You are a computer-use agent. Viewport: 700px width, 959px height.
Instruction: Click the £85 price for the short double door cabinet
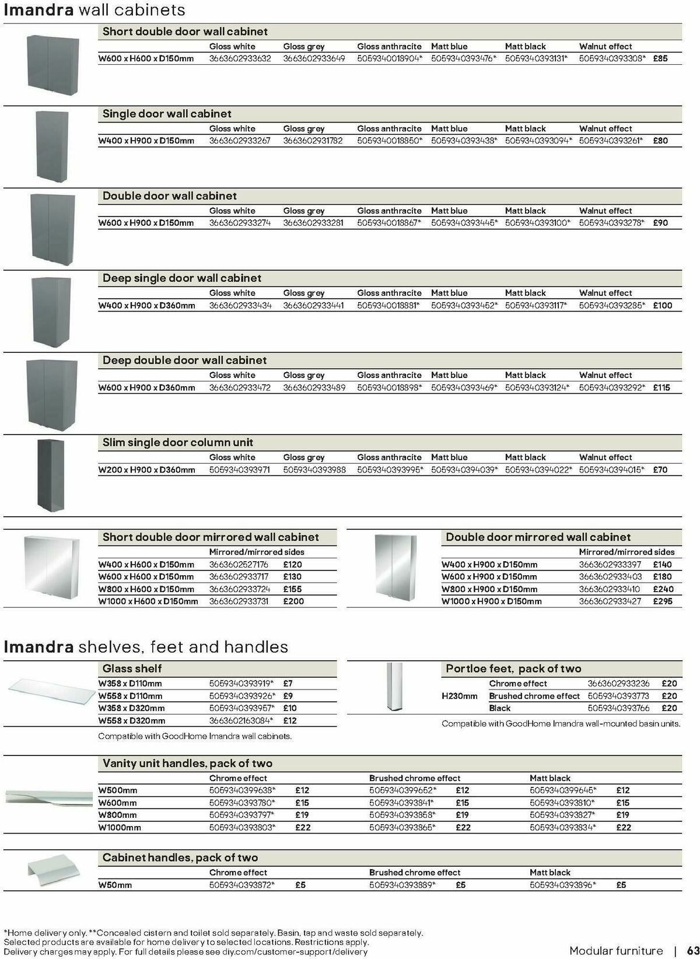[660, 58]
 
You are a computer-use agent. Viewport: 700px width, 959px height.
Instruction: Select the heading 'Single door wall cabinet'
[167, 114]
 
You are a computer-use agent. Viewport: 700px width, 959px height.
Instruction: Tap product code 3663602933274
[240, 223]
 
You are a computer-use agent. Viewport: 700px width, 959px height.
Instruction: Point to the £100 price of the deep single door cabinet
[662, 305]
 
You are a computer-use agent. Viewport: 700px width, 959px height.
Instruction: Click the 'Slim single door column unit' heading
[178, 443]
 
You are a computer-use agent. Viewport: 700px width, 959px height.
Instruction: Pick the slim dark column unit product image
[51, 475]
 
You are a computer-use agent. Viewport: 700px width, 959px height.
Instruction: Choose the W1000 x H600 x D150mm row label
[148, 601]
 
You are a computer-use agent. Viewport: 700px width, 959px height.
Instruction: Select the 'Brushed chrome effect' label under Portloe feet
[534, 696]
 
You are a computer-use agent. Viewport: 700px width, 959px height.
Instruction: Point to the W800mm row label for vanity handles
[118, 815]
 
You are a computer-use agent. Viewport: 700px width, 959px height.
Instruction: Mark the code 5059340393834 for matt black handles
[562, 827]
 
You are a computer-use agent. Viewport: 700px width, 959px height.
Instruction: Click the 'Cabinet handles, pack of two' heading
[180, 857]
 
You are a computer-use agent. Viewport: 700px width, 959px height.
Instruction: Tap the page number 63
[692, 950]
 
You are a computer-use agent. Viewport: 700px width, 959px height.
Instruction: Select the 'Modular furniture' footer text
[616, 950]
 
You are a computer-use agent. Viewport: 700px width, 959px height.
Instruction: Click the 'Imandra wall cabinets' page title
[94, 10]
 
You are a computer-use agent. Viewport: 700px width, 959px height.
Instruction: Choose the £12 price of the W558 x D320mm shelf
[290, 720]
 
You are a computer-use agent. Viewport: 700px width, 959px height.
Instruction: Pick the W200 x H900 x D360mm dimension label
[146, 470]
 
